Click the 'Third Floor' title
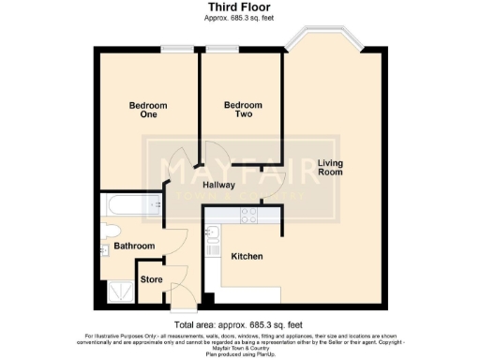240,8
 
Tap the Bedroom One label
148,111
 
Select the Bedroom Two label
243,111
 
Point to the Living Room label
329,166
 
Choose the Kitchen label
247,255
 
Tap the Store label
151,278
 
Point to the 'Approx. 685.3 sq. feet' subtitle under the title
240,19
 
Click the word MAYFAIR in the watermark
240,170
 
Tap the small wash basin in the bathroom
104,250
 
